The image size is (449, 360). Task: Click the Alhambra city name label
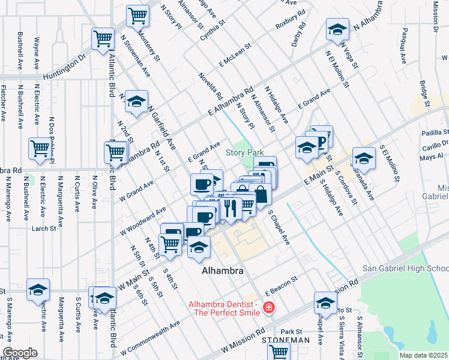[x=222, y=271]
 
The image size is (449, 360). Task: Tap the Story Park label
[x=244, y=152]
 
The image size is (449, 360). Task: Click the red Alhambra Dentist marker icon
[x=269, y=308]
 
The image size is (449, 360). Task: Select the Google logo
[x=20, y=352]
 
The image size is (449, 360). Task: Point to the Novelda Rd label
[x=211, y=86]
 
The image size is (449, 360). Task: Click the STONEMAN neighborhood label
[x=286, y=340]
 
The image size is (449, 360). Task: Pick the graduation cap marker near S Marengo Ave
[x=38, y=289]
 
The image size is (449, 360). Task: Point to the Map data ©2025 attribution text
[x=423, y=355]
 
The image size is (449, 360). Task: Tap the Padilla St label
[x=435, y=132]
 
